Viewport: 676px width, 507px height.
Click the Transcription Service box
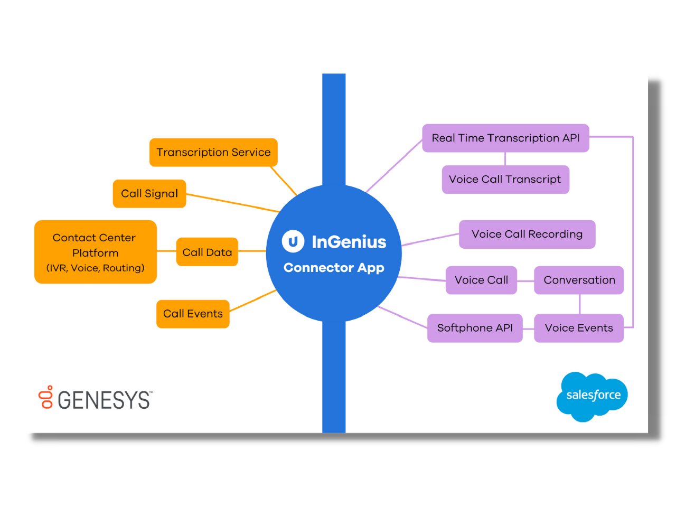tap(213, 153)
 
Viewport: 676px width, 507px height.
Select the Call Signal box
tap(149, 194)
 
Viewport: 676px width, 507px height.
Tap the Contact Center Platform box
tap(96, 252)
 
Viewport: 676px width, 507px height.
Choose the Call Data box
tap(207, 252)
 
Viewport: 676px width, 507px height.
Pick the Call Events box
tap(193, 314)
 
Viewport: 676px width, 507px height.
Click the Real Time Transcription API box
tap(505, 138)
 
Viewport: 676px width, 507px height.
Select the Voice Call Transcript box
tap(505, 180)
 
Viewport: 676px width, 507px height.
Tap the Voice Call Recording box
tap(527, 234)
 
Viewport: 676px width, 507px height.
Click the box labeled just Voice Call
tap(481, 280)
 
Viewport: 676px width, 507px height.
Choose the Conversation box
tap(579, 280)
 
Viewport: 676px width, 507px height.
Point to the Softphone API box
tap(475, 328)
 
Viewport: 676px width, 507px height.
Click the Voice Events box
tap(579, 328)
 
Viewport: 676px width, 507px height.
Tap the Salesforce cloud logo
tap(593, 396)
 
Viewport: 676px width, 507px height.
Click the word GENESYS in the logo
tap(104, 400)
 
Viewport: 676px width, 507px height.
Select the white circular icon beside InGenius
tap(293, 241)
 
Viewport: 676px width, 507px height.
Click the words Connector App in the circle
tap(334, 268)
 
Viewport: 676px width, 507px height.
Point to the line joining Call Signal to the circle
tap(232, 203)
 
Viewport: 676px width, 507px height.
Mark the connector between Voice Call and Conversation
tap(525, 280)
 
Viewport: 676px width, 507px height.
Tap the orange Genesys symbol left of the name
tap(46, 397)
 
